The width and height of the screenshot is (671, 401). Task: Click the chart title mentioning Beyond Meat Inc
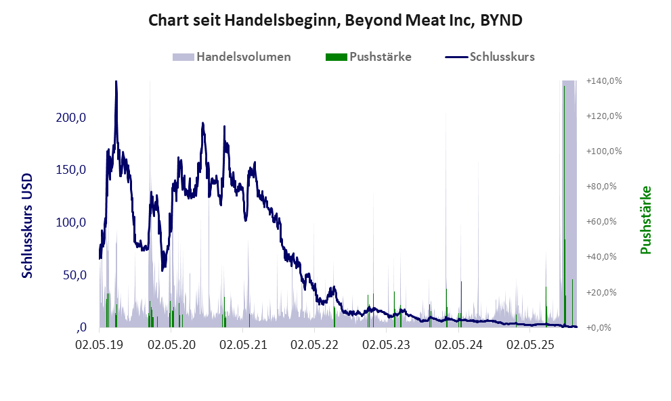pyautogui.click(x=335, y=20)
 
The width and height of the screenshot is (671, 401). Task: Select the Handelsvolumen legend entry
pyautogui.click(x=232, y=57)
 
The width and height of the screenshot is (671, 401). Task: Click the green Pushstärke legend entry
pyautogui.click(x=368, y=57)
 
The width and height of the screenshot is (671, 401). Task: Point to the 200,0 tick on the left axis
pyautogui.click(x=72, y=117)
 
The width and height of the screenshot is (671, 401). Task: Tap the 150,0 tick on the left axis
pyautogui.click(x=72, y=170)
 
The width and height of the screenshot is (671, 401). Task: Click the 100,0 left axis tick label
pyautogui.click(x=72, y=222)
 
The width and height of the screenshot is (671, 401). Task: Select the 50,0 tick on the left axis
pyautogui.click(x=74, y=275)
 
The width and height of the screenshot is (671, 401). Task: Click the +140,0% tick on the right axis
pyautogui.click(x=605, y=81)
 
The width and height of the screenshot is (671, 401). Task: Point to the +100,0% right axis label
pyautogui.click(x=605, y=151)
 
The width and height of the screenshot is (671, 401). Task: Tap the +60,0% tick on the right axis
pyautogui.click(x=605, y=222)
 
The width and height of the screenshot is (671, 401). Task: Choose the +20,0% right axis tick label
pyautogui.click(x=605, y=293)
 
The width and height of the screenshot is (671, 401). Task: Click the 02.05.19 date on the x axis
pyautogui.click(x=100, y=345)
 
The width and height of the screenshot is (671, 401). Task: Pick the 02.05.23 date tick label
pyautogui.click(x=386, y=345)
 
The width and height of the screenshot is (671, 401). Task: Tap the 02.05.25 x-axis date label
pyautogui.click(x=529, y=345)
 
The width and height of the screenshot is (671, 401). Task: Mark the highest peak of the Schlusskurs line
pyautogui.click(x=116, y=82)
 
